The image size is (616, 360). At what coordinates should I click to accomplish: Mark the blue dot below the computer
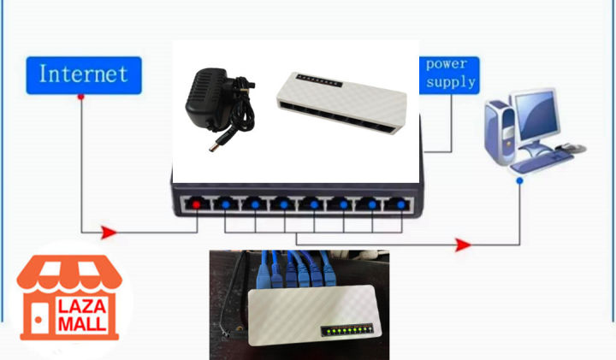pos(519,181)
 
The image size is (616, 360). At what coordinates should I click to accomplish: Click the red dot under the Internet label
pos(80,97)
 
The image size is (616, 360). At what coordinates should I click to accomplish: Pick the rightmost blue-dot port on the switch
pos(394,205)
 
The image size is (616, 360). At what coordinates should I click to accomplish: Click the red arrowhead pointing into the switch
pos(108,231)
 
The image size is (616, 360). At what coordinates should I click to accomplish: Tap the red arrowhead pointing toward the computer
pos(462,245)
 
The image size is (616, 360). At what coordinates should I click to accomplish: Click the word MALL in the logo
pos(82,324)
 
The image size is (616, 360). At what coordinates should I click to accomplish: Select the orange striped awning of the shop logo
pos(69,273)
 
